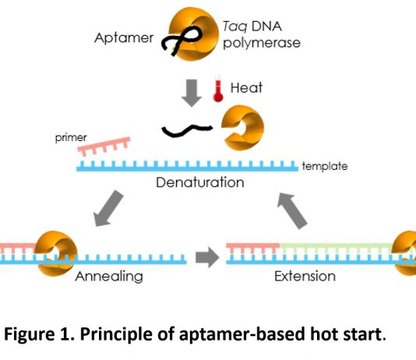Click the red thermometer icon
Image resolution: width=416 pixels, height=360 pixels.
[x=218, y=91]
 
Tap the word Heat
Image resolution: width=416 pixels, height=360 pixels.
[x=246, y=87]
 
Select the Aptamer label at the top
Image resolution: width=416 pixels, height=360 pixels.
[x=124, y=38]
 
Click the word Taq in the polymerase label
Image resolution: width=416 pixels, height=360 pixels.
[x=235, y=26]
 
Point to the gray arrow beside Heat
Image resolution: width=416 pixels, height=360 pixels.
[x=192, y=93]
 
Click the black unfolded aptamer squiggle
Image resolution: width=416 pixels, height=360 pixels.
[x=187, y=130]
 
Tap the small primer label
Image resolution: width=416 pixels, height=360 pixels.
[x=71, y=138]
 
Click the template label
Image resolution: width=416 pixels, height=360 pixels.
[x=325, y=166]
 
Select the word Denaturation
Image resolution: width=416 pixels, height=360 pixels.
[x=200, y=182]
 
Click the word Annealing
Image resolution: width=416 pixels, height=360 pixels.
[x=109, y=277]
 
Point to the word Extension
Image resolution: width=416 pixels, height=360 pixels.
[x=305, y=276]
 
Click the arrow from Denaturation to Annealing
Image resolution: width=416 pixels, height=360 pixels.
[x=108, y=209]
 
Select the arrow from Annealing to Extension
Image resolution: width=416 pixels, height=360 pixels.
[x=207, y=257]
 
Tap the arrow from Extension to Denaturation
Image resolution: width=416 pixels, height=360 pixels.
[x=292, y=211]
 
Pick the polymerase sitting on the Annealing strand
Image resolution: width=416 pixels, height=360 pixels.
[x=56, y=253]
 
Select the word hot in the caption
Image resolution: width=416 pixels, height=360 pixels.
[x=325, y=334]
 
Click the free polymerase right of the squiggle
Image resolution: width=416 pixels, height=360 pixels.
[x=243, y=128]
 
